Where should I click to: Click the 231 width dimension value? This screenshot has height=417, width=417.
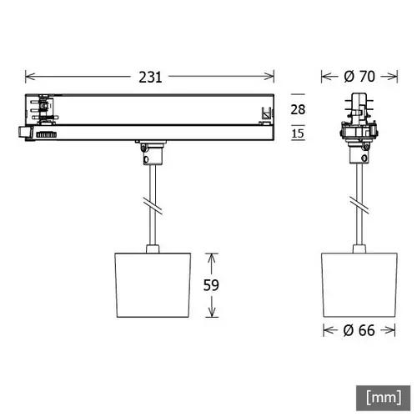(150, 76)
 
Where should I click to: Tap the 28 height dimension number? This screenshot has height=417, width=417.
(297, 110)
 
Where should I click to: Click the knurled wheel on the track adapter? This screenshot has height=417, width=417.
(46, 133)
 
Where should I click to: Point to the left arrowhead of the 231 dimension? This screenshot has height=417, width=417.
(30, 76)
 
